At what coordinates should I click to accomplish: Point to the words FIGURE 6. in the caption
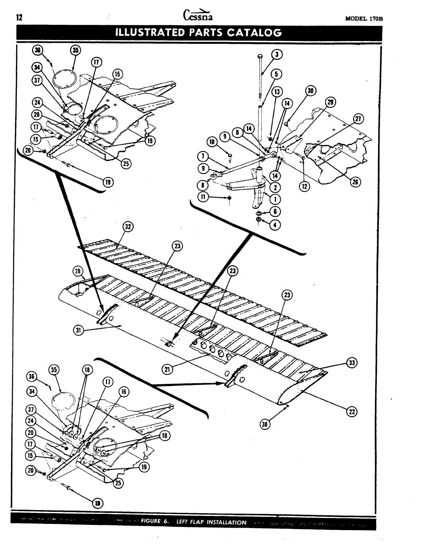click(x=155, y=521)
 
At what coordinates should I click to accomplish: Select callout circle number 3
click(x=277, y=54)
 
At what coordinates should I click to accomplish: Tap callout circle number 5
click(x=277, y=73)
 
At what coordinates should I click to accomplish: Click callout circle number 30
click(x=311, y=91)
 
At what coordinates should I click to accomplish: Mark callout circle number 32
click(x=128, y=227)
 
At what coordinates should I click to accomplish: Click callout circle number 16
click(x=124, y=392)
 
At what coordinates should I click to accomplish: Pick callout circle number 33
click(x=352, y=363)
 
